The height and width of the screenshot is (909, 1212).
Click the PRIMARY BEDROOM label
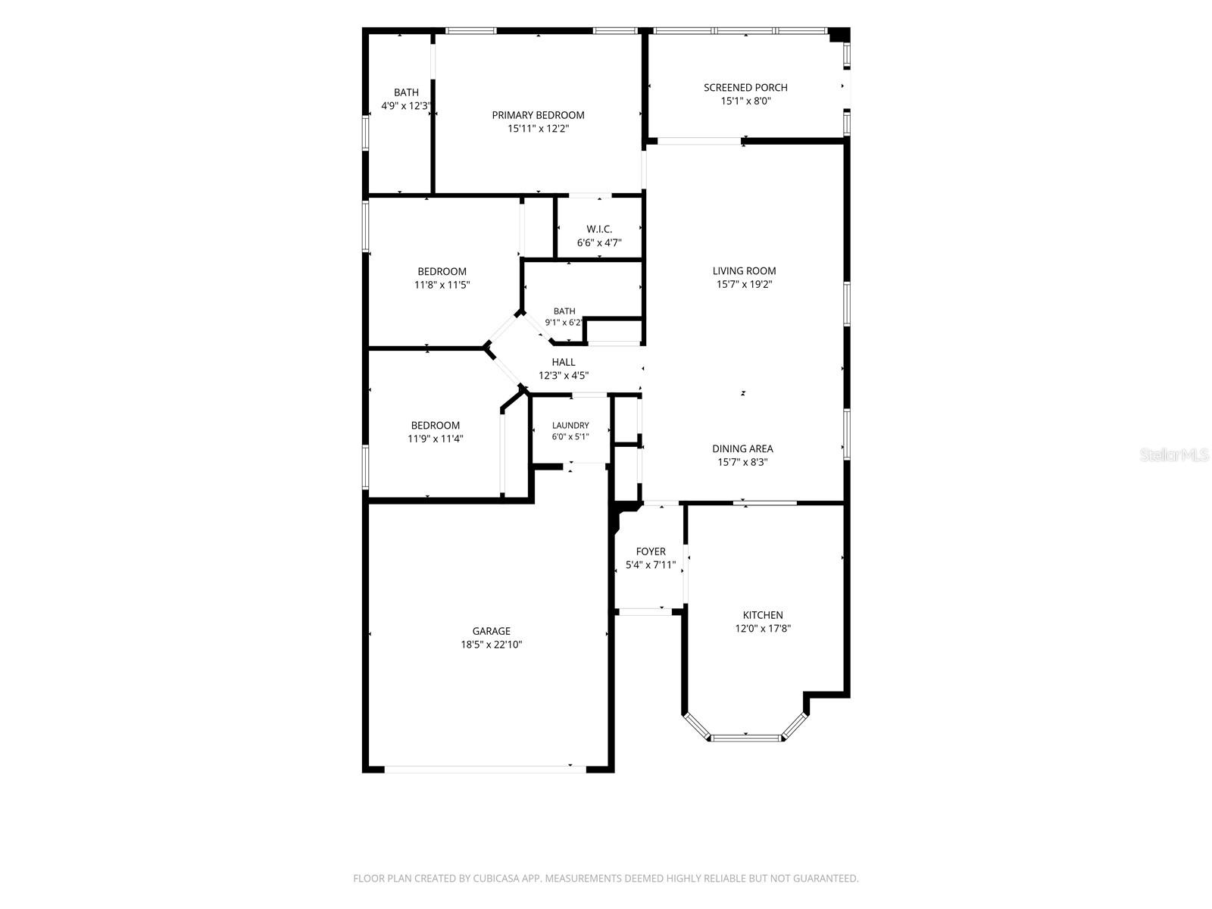point(538,115)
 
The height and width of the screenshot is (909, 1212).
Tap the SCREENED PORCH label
point(745,88)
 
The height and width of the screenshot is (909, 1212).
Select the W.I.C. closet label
point(599,229)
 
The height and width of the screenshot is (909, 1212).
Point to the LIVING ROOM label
point(744,271)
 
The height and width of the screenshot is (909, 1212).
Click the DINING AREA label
point(742,448)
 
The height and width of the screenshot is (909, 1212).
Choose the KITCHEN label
point(763,615)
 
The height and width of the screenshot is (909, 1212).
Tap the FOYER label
point(651,551)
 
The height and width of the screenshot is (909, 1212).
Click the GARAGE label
point(491,631)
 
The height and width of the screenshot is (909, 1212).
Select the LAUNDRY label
point(570,426)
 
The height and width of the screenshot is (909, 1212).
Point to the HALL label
point(564,362)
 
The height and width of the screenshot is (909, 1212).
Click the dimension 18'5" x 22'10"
point(492,645)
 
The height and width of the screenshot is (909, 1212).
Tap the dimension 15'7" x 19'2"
point(744,284)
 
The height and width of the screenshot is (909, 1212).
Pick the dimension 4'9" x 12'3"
point(405,106)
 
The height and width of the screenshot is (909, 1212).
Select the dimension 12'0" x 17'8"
point(763,628)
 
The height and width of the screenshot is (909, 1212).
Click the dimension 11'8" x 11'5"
point(442,285)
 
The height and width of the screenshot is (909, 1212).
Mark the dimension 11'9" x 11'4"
point(435,439)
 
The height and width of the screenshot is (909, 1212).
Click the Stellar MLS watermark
point(1174,454)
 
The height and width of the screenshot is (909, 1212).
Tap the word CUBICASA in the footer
point(496,878)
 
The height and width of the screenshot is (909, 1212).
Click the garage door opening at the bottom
point(485,769)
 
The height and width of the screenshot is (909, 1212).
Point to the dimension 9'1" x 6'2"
point(564,323)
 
